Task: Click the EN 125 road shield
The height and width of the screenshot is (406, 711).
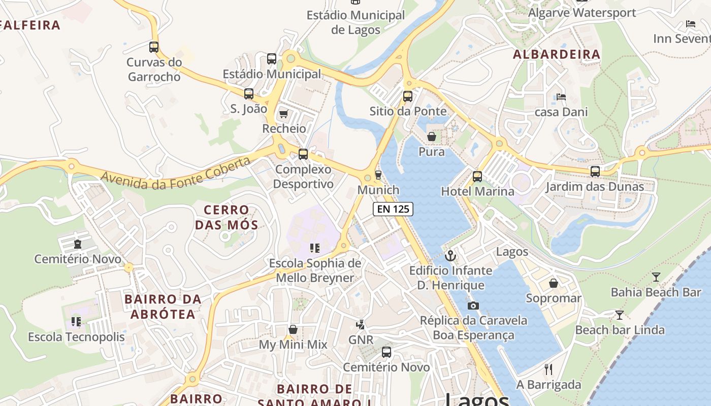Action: (x=393, y=209)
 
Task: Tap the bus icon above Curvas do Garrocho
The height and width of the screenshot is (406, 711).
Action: (x=154, y=47)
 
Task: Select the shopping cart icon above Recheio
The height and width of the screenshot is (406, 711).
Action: (x=284, y=113)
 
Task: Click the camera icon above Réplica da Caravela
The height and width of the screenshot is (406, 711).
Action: (x=473, y=306)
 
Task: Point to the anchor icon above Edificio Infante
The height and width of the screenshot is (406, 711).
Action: (x=450, y=255)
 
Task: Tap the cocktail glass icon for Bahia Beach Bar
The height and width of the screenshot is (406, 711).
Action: (x=656, y=277)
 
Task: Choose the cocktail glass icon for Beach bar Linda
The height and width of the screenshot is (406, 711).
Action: (x=619, y=315)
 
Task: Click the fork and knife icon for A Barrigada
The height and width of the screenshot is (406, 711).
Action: (x=548, y=369)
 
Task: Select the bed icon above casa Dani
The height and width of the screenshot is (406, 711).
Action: (x=561, y=96)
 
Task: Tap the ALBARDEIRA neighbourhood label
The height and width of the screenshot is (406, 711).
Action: (x=556, y=54)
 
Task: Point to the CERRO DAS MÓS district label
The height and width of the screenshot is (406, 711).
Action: (x=227, y=217)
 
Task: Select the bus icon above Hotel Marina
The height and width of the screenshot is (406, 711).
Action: (x=477, y=177)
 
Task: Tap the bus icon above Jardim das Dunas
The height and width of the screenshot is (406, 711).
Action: (x=595, y=172)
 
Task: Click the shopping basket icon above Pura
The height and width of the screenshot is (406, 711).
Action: (x=432, y=137)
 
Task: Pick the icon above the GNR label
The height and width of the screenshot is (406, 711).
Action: (x=361, y=324)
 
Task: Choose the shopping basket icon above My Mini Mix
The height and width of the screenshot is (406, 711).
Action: (x=293, y=330)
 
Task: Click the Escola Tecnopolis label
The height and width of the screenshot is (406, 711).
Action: (x=76, y=337)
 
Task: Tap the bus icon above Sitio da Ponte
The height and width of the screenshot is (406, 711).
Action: (x=408, y=96)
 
